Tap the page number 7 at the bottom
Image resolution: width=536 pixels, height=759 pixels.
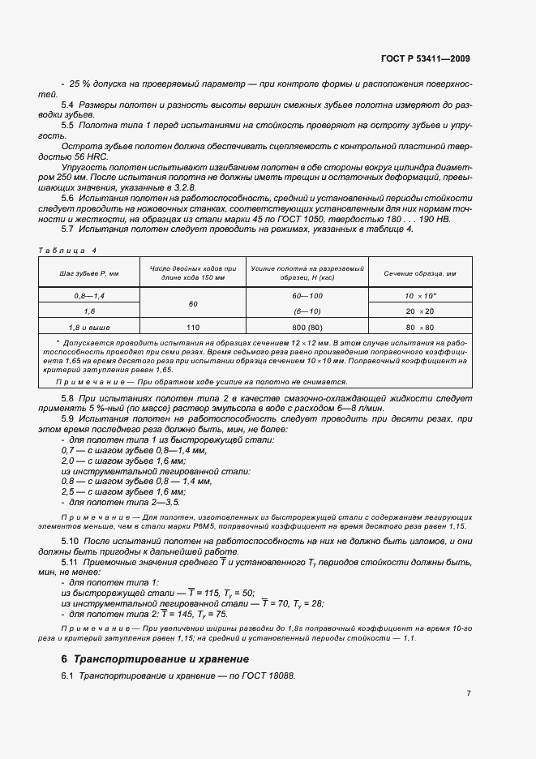(469, 693)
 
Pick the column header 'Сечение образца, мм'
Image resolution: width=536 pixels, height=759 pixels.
(421, 273)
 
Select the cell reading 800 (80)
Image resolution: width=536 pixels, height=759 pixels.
(307, 328)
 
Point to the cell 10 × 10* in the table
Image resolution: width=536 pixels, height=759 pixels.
(421, 298)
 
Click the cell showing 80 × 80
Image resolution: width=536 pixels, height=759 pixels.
(421, 328)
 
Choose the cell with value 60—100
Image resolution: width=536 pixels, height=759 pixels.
(307, 298)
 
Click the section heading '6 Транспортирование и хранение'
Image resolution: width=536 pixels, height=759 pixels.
(161, 658)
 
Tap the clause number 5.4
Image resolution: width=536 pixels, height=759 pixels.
(68, 105)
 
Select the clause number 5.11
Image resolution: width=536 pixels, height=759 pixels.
(70, 562)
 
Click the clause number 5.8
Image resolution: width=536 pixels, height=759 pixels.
(68, 398)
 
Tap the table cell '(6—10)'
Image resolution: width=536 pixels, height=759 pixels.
(307, 311)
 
